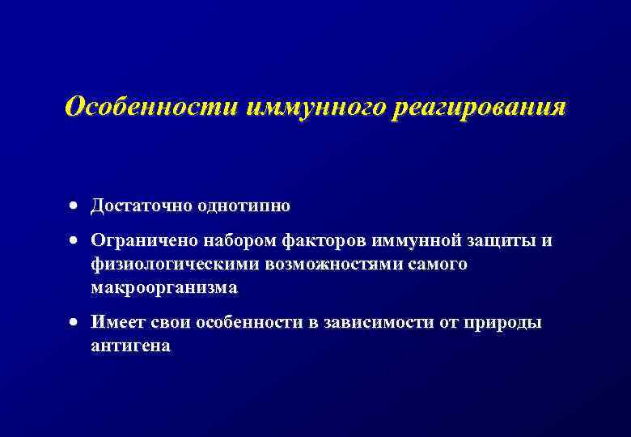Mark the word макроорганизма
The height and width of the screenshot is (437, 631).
pyautogui.click(x=164, y=288)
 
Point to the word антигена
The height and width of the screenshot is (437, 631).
pyautogui.click(x=130, y=346)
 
